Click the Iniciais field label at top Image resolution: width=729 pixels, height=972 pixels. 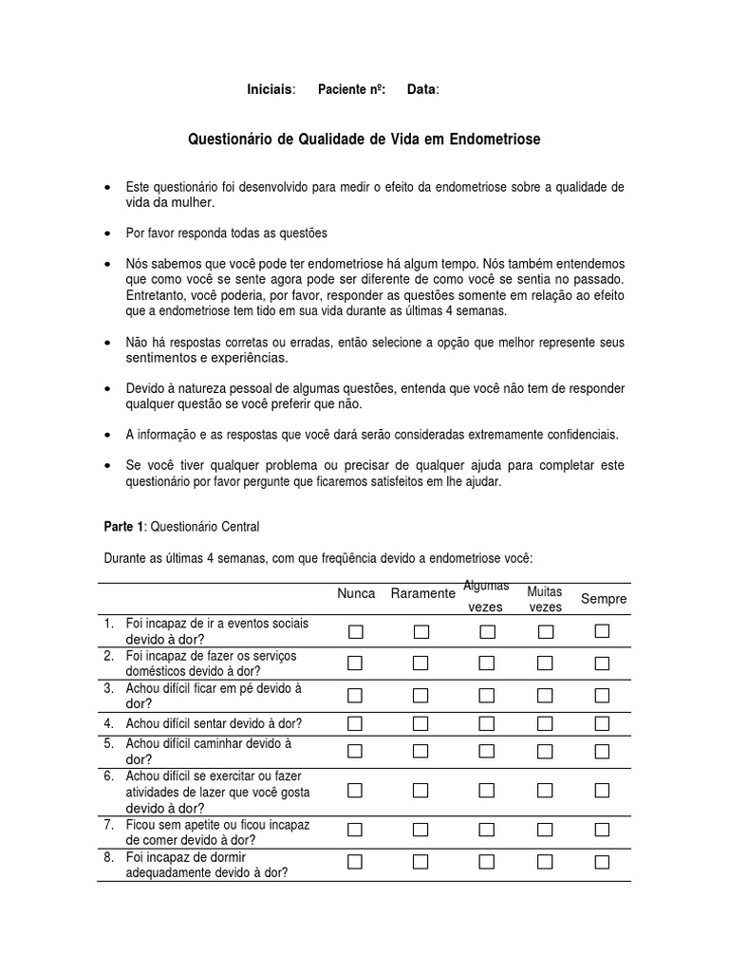pyautogui.click(x=271, y=89)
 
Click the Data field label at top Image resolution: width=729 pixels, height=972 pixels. pyautogui.click(x=422, y=89)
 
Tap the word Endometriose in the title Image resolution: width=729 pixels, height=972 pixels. pyautogui.click(x=495, y=140)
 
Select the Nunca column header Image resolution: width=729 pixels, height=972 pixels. pyautogui.click(x=356, y=593)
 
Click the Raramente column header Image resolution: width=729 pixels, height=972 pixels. pyautogui.click(x=422, y=593)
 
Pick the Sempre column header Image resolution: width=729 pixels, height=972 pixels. pyautogui.click(x=604, y=599)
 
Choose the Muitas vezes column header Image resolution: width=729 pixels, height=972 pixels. pyautogui.click(x=545, y=599)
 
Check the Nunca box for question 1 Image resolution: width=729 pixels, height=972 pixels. pyautogui.click(x=356, y=631)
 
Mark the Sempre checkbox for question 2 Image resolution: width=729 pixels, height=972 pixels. pyautogui.click(x=602, y=663)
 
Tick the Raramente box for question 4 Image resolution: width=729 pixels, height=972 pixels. pyautogui.click(x=421, y=724)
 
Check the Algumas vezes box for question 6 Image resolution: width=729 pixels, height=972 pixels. pyautogui.click(x=487, y=790)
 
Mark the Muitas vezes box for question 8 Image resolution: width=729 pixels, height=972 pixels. pyautogui.click(x=546, y=862)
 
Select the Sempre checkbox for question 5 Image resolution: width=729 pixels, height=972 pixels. pyautogui.click(x=602, y=751)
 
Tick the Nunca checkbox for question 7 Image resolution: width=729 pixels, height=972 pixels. pyautogui.click(x=356, y=829)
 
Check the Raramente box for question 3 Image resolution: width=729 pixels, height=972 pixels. pyautogui.click(x=421, y=696)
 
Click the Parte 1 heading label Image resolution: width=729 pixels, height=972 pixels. pyautogui.click(x=124, y=526)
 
